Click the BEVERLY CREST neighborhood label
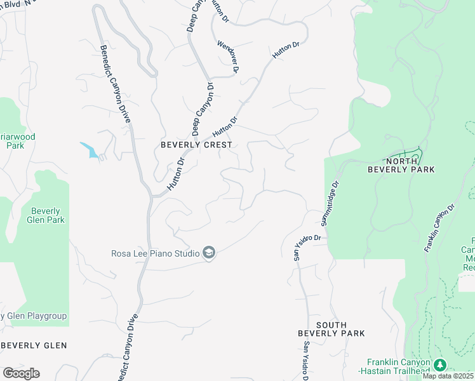196,145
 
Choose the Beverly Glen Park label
47,216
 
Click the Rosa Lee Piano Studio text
156,253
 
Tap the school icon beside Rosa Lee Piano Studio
209,253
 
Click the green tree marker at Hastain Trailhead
440,365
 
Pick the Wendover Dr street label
227,57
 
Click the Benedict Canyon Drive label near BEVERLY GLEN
127,343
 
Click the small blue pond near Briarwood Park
90,150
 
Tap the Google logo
21,373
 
